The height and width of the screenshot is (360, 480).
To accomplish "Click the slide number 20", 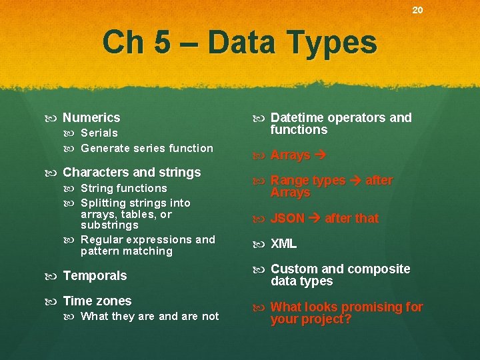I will (417, 10).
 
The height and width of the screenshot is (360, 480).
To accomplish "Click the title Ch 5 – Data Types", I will (239, 43).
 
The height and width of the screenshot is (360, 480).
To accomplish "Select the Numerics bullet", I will (91, 118).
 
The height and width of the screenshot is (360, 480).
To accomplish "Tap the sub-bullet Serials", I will (99, 133).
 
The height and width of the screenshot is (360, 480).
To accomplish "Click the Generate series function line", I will (147, 149).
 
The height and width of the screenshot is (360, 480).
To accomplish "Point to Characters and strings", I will (131, 173).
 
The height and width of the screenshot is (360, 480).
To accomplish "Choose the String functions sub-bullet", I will (123, 189).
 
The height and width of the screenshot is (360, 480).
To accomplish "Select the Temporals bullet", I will (95, 276).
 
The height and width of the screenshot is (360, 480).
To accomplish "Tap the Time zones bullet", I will (97, 301).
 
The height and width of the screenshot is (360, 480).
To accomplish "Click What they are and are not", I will (149, 317).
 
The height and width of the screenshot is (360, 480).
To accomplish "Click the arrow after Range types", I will (356, 181).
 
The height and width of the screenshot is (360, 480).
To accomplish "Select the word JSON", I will (287, 219).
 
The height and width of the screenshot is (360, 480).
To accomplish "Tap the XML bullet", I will (283, 244).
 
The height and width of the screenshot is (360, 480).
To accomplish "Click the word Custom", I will (294, 269).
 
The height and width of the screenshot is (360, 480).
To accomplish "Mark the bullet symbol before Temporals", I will (53, 276).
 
